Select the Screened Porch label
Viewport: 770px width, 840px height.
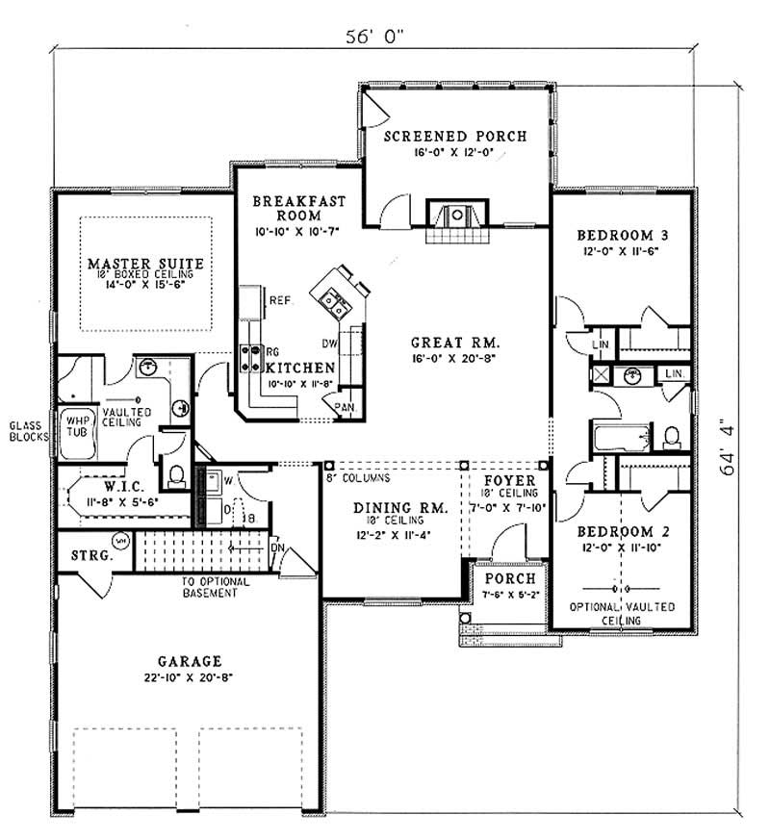pyautogui.click(x=455, y=137)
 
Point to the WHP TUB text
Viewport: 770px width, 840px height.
pyautogui.click(x=74, y=426)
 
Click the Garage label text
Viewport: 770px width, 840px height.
pyautogui.click(x=190, y=661)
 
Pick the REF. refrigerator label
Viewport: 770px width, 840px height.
pyautogui.click(x=281, y=300)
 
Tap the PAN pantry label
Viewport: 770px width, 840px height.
pyautogui.click(x=344, y=407)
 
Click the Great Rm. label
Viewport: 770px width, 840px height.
pyautogui.click(x=454, y=342)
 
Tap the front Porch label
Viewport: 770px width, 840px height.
pyautogui.click(x=502, y=578)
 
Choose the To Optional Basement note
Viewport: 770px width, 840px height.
pyautogui.click(x=216, y=587)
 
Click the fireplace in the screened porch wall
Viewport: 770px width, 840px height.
pyautogui.click(x=458, y=214)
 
